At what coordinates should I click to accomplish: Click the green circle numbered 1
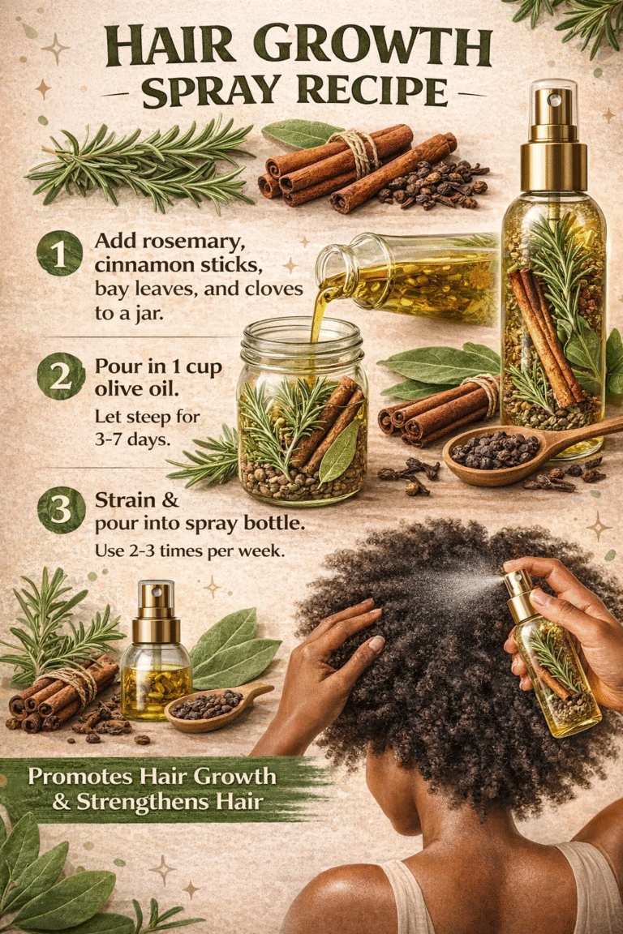tap(59, 252)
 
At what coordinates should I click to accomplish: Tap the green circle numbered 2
tap(59, 378)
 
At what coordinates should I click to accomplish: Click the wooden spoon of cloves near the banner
tap(214, 703)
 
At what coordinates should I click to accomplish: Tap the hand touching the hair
tap(341, 628)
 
